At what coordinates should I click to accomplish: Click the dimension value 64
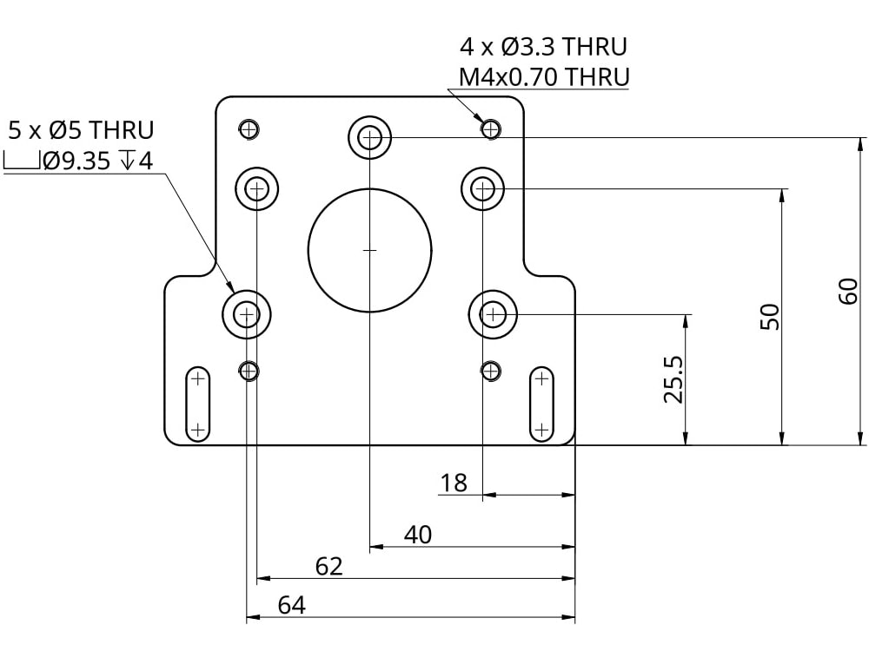pos(291,605)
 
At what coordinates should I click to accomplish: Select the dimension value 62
pos(328,567)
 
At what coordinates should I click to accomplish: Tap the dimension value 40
pos(418,535)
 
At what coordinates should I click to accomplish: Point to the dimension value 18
pos(454,483)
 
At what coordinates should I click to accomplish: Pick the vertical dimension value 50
pos(769,317)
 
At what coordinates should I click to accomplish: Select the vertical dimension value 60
pos(849,291)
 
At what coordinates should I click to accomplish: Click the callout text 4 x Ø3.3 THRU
pos(543,46)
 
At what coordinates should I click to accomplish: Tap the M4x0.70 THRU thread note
pos(544,76)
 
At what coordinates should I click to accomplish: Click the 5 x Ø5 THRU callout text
pos(81,131)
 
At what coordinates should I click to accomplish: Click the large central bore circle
pos(370,250)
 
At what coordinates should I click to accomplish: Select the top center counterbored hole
pos(370,136)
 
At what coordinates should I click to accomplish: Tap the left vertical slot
pos(198,404)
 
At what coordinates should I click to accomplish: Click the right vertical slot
pos(541,404)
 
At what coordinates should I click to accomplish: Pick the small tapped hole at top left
pos(249,129)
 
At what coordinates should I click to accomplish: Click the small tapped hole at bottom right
pos(492,371)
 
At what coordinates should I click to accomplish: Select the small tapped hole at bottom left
pos(249,371)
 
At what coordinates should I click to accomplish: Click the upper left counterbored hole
pos(257,187)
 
